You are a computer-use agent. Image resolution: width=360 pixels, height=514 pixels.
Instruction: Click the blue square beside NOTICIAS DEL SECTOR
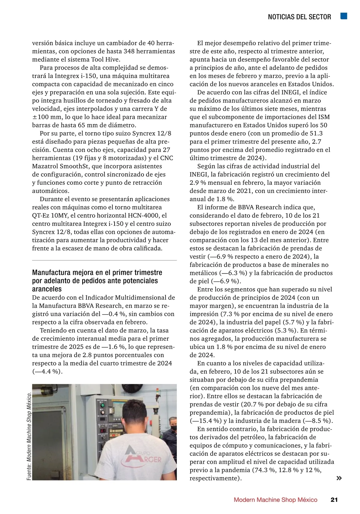344,16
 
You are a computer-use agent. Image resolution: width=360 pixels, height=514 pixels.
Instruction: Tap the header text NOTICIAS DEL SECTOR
299,17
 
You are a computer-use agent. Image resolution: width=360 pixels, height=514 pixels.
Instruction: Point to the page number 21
334,500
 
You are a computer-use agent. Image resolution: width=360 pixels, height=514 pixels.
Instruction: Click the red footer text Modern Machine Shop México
275,500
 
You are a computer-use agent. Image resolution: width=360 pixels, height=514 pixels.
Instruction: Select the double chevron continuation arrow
339,478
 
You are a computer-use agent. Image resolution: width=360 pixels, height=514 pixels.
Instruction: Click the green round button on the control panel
103,405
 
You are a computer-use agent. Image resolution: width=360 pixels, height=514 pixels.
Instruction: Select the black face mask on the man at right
173,429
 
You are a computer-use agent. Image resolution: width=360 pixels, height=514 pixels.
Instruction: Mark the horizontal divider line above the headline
104,260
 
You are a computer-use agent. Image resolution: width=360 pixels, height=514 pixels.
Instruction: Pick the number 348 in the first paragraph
129,51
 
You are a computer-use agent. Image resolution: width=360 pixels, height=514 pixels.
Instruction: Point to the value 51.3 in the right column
316,133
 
